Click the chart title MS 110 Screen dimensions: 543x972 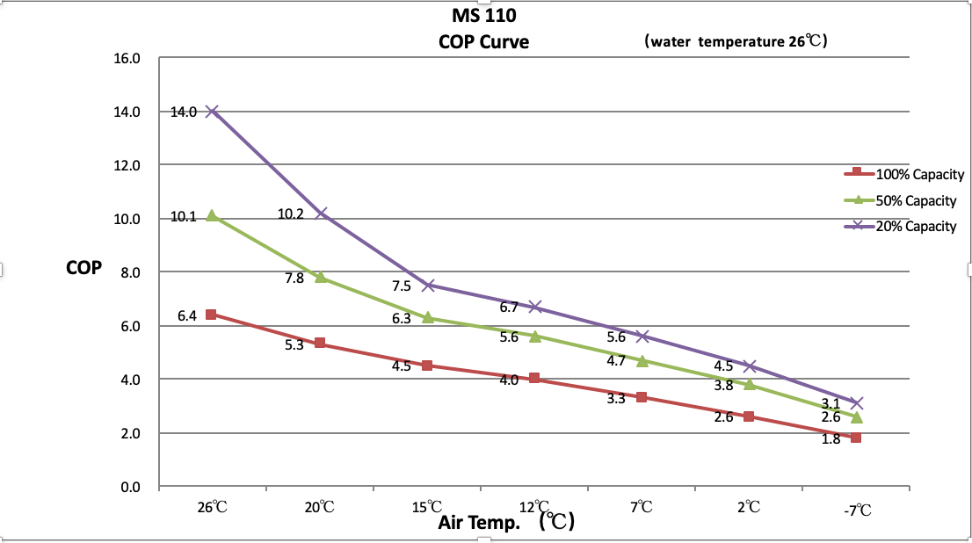(485, 15)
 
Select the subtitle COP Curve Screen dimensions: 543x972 (484, 41)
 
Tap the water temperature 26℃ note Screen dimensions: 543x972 (735, 41)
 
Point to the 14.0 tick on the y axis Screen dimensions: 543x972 (127, 112)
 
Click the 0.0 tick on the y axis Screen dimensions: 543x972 (130, 487)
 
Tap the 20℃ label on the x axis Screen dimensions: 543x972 (320, 507)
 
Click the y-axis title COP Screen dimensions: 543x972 (83, 268)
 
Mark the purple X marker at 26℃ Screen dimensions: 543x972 (212, 112)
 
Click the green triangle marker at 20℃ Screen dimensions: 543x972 (320, 277)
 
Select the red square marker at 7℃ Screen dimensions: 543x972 (642, 397)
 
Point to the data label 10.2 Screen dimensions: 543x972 (291, 214)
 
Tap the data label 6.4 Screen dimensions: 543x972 (186, 315)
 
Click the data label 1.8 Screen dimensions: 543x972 (831, 438)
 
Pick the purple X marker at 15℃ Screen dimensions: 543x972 (428, 286)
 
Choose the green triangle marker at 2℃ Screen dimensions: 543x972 (749, 384)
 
